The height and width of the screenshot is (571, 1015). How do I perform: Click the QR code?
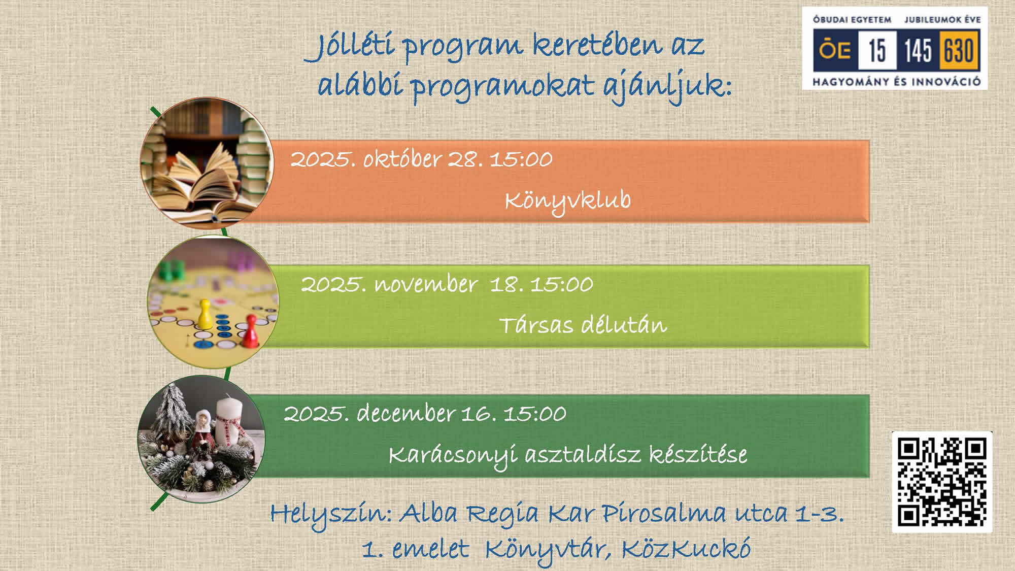[x=942, y=482]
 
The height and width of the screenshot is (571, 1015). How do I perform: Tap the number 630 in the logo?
[x=959, y=50]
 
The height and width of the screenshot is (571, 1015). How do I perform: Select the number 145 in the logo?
[x=918, y=50]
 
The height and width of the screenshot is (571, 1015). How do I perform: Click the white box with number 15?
[x=877, y=50]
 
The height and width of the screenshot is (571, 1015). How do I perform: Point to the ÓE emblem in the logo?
[x=835, y=50]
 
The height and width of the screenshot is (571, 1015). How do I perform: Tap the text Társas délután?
[x=583, y=325]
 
